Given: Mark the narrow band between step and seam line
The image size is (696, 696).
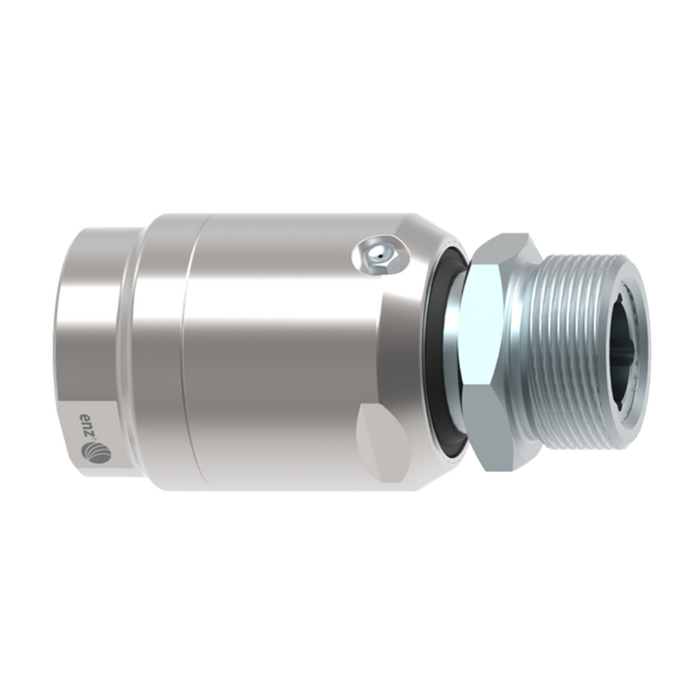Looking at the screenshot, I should coord(158,350).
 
